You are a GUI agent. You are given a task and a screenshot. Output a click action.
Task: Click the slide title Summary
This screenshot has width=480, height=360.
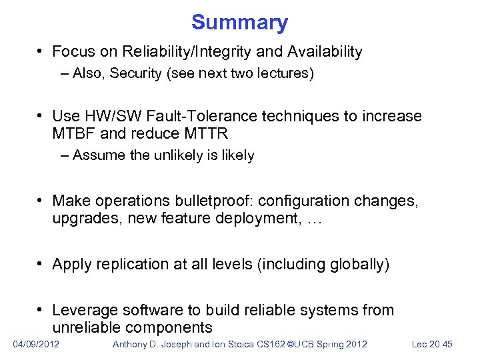point(239,23)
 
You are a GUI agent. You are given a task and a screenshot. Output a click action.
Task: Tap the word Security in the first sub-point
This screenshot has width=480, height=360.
point(132,73)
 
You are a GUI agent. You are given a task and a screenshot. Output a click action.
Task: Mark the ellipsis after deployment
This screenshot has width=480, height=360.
point(314,217)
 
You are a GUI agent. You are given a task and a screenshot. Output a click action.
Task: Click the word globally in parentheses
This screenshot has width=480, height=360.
point(357,265)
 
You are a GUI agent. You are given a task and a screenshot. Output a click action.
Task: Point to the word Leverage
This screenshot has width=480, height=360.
point(81,311)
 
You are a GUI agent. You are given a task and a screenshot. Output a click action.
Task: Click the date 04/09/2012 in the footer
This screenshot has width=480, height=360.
point(36,344)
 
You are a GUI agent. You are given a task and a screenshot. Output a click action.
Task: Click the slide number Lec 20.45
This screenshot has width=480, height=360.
point(432,344)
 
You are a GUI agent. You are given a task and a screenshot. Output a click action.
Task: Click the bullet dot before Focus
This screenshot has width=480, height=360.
point(41,51)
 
